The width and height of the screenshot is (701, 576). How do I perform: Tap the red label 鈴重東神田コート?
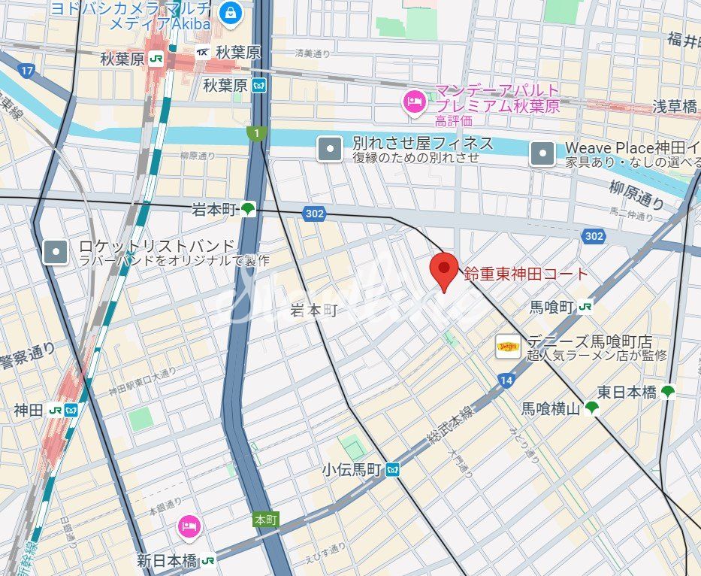[526, 273]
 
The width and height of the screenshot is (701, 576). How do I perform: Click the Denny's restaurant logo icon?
[508, 347]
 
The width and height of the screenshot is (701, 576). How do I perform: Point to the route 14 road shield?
[505, 382]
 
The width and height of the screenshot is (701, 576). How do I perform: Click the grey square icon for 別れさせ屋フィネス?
[329, 148]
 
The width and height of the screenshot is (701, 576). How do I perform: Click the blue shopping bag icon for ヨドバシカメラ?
[230, 13]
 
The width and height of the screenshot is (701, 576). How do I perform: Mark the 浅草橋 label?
[674, 107]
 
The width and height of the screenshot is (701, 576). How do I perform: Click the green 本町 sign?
[266, 520]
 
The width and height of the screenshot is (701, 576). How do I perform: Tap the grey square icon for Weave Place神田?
[542, 154]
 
